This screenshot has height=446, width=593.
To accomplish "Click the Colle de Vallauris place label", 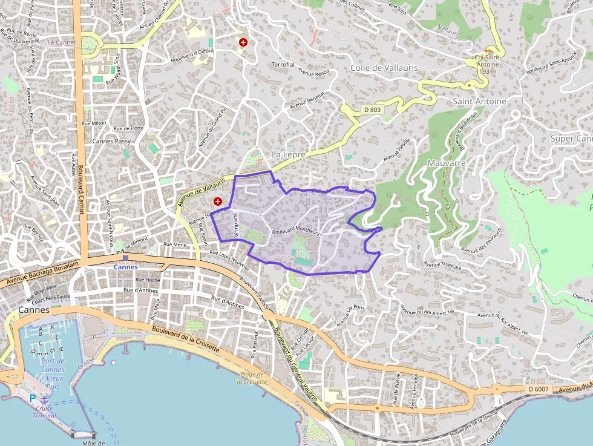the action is (384, 68).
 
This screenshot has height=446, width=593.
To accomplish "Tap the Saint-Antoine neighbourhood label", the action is (479, 101).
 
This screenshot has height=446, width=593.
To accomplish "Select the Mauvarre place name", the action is (446, 163).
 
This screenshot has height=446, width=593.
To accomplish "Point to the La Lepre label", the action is (289, 155).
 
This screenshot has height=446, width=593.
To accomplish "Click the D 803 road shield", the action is (373, 110).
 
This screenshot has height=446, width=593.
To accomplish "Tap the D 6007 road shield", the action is (537, 389).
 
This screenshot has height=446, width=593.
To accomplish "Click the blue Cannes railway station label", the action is (126, 267).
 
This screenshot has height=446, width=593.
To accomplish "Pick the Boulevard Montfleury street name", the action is (296, 231).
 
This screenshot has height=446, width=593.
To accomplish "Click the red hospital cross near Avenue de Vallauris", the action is (217, 201).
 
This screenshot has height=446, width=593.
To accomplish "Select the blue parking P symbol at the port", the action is (33, 398).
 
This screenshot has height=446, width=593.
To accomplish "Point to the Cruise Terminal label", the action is (44, 412).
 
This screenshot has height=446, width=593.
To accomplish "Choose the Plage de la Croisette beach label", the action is (252, 378).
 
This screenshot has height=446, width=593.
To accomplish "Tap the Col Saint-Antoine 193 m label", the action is (488, 64).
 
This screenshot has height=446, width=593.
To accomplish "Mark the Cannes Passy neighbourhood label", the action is (111, 141).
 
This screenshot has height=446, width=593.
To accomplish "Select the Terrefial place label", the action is (283, 64).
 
